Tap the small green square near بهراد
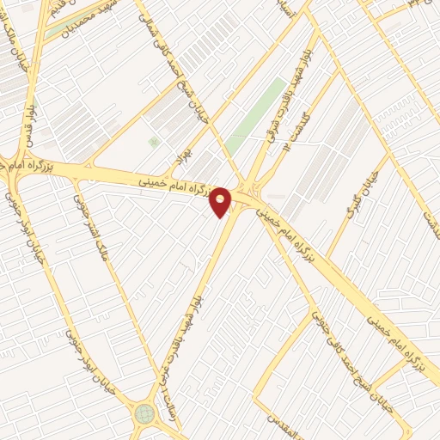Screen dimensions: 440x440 [x=154, y=142]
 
